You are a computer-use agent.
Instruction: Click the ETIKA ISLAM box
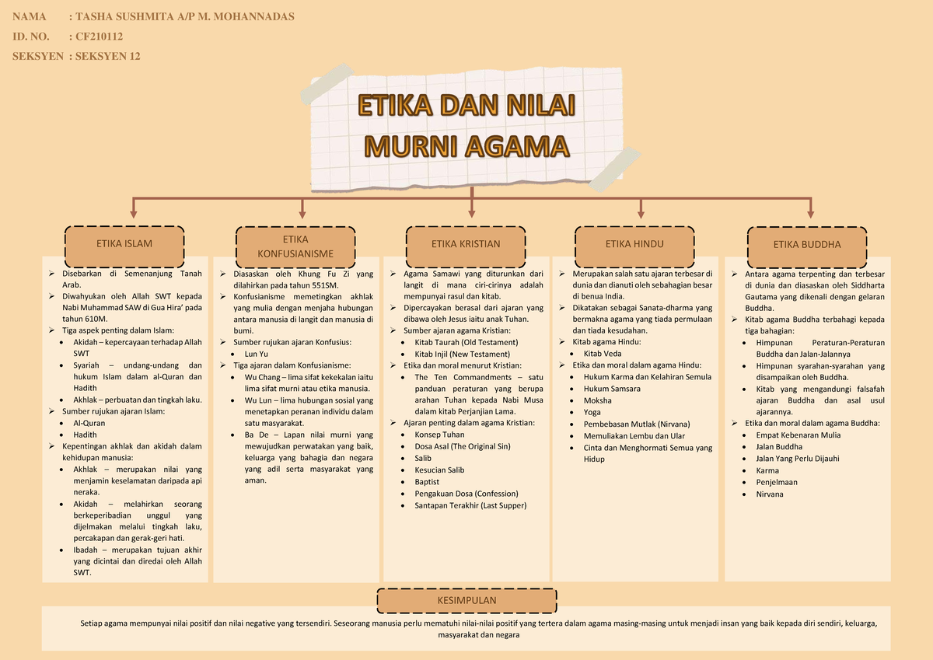click(x=124, y=244)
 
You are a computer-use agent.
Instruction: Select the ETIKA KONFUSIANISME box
click(x=296, y=246)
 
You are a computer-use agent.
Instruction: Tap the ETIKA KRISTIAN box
click(x=466, y=244)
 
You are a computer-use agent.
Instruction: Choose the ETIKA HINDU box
click(x=634, y=244)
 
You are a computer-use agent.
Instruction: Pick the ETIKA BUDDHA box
click(x=807, y=244)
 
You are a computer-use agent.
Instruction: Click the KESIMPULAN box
click(x=466, y=601)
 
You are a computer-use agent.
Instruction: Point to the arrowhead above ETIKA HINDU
click(x=641, y=212)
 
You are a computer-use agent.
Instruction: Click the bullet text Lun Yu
click(x=256, y=354)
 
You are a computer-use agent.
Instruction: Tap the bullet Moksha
click(x=597, y=400)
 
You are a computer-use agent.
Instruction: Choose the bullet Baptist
click(x=427, y=482)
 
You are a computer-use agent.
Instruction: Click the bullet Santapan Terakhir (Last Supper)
click(x=470, y=505)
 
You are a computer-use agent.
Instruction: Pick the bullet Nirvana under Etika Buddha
click(x=769, y=494)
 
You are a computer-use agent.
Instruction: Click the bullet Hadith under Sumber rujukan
click(x=85, y=435)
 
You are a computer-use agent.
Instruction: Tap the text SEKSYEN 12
click(x=107, y=56)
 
